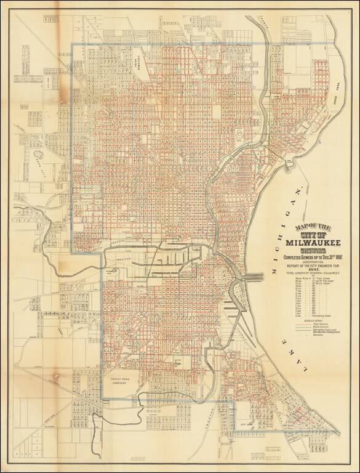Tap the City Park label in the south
(246, 424)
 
